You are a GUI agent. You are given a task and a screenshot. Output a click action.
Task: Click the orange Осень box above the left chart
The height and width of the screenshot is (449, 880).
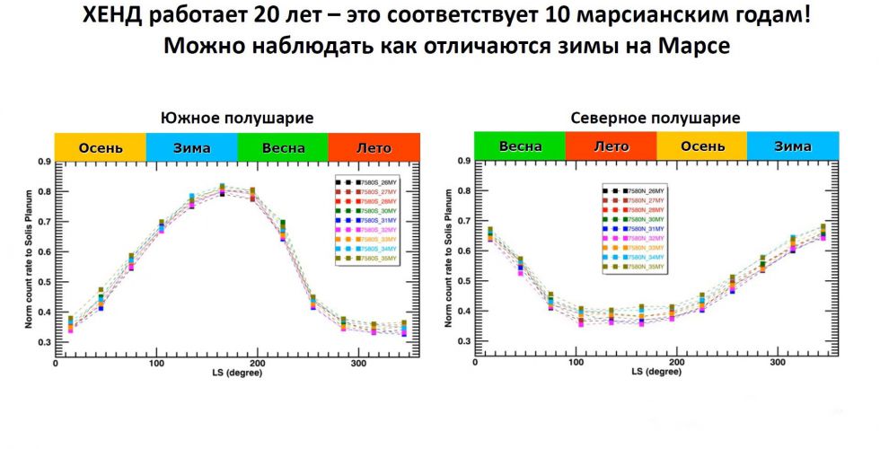click(x=101, y=147)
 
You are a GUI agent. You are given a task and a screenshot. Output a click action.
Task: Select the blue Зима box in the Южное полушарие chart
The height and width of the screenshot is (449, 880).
click(x=191, y=147)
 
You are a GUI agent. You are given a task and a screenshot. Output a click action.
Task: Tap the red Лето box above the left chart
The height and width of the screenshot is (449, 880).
click(x=374, y=147)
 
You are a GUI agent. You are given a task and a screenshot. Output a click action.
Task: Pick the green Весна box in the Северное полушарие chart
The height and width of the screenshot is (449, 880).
click(x=520, y=145)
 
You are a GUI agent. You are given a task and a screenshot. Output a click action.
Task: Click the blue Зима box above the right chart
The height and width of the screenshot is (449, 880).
click(x=793, y=145)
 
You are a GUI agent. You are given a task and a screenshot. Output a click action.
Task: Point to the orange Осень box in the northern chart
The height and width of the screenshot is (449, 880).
click(x=701, y=145)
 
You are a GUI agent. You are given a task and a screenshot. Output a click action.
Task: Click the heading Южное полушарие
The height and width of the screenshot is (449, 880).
click(x=237, y=118)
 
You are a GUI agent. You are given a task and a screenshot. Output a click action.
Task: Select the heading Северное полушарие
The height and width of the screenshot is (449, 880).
click(x=656, y=118)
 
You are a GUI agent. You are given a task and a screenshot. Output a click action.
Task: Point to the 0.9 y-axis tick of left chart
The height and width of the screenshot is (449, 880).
click(x=45, y=162)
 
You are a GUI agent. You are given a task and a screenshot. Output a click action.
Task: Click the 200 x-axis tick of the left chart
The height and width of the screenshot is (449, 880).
click(x=257, y=364)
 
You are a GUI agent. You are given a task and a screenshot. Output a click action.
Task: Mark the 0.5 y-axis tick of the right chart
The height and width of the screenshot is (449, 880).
click(x=464, y=281)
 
